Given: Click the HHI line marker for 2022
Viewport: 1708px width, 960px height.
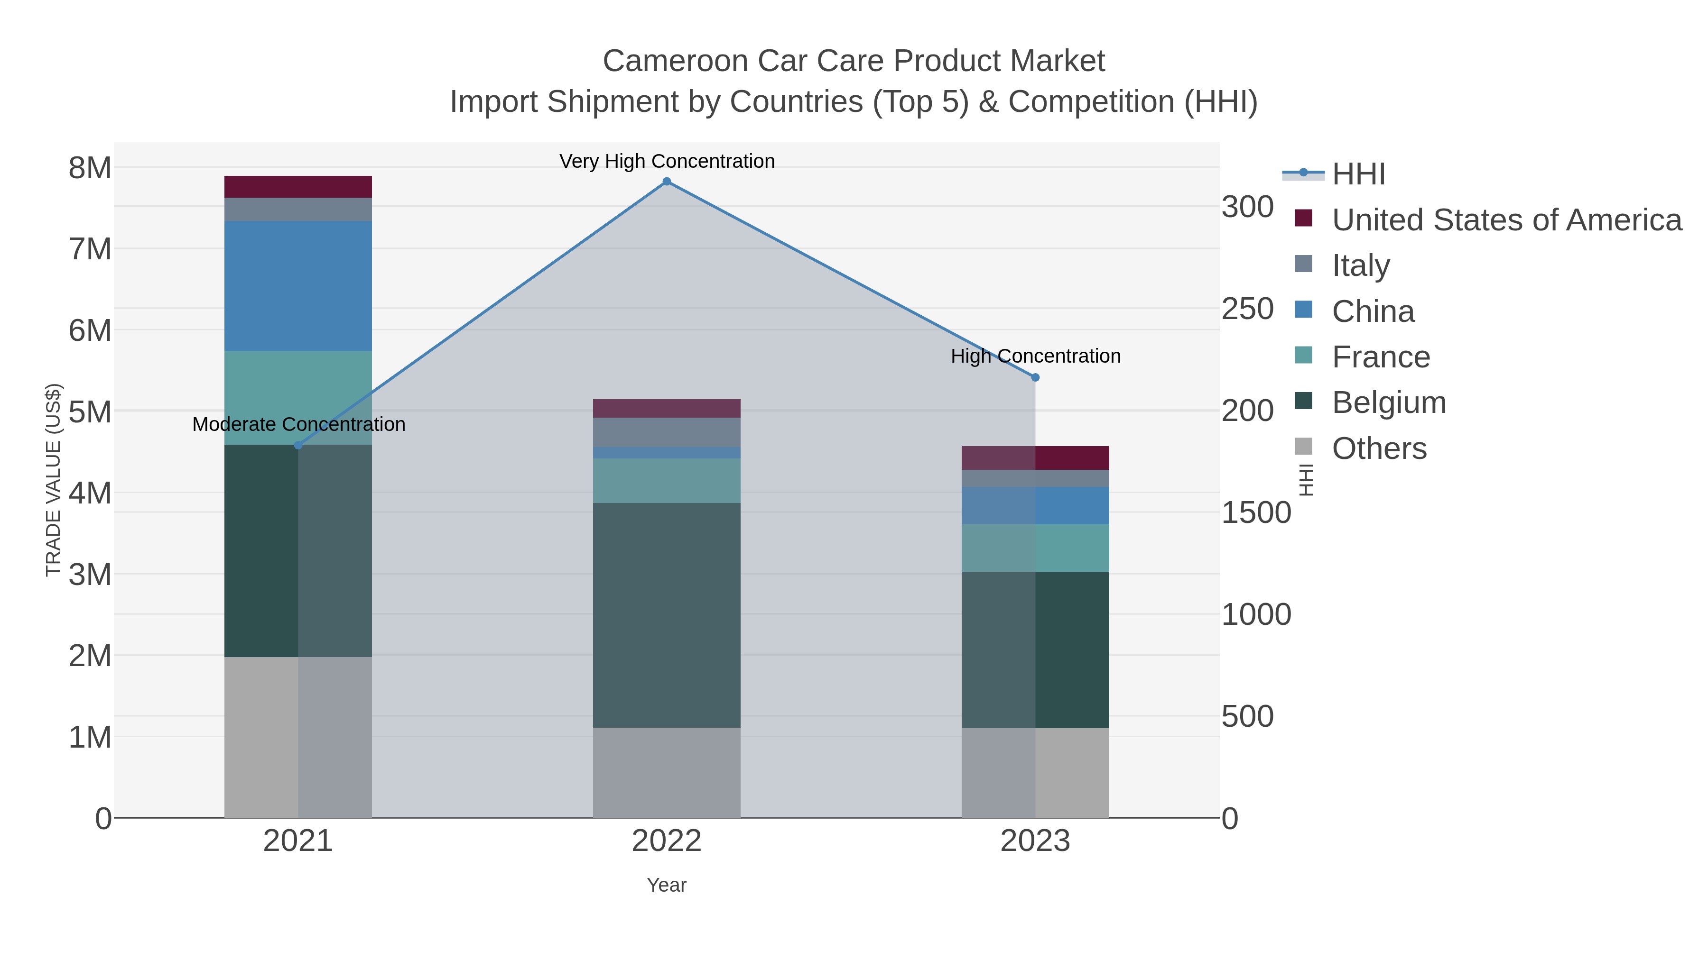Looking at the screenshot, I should coord(667,182).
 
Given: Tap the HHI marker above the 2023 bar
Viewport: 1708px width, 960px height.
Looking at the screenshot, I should coord(1035,377).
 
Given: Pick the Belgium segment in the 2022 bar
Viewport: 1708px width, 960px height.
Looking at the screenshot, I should coord(667,615).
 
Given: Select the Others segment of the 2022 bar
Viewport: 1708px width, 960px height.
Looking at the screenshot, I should coord(667,773).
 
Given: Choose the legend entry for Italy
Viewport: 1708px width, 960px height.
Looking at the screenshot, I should coord(1360,265).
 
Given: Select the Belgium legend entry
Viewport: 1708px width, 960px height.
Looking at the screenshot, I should coord(1388,403).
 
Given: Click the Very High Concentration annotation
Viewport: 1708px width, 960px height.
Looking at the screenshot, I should coord(667,161).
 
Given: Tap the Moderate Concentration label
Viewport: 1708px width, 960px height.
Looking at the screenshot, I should coord(298,424).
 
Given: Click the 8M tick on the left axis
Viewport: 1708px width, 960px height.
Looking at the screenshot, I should coord(90,168).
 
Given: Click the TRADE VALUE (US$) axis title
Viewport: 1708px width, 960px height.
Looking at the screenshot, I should coord(53,480).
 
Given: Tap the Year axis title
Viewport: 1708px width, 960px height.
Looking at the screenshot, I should coord(667,885).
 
